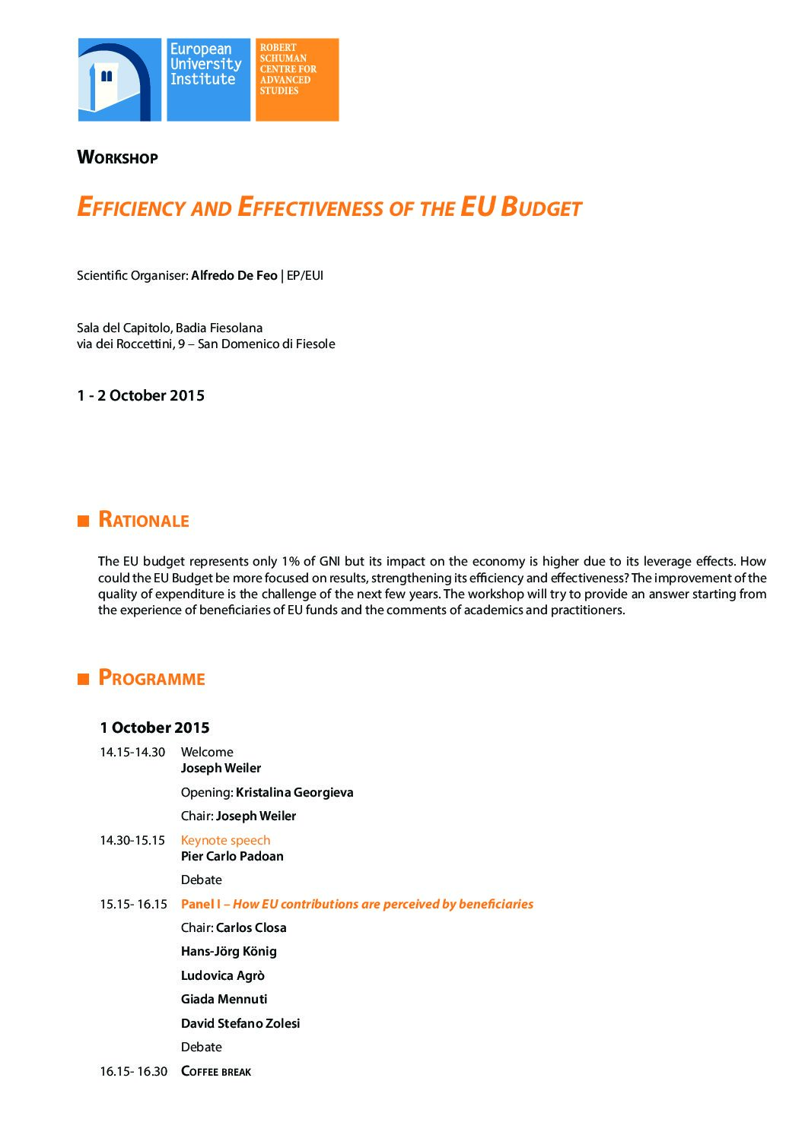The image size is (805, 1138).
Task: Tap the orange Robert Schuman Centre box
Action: tap(297, 79)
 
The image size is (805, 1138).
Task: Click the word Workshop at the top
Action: tap(117, 157)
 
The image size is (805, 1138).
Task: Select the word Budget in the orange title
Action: tap(541, 208)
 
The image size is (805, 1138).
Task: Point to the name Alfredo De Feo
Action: tap(234, 275)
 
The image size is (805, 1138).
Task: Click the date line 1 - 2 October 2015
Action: tap(141, 395)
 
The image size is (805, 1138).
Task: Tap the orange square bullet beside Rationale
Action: tap(84, 521)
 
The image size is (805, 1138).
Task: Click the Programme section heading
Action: tap(151, 678)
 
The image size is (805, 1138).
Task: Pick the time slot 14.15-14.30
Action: tap(132, 752)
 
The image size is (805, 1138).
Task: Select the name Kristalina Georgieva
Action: tap(294, 792)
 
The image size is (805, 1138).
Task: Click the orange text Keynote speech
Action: tap(225, 840)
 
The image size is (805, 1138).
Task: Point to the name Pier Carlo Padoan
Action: tap(232, 856)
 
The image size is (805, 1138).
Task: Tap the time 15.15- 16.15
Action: tap(133, 904)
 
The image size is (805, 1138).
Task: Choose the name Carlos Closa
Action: tap(251, 927)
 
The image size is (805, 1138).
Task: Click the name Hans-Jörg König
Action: tap(228, 951)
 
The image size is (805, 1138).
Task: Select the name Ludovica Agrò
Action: tap(222, 975)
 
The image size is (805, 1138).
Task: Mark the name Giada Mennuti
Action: tap(224, 999)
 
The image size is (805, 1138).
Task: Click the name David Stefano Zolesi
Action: tap(240, 1023)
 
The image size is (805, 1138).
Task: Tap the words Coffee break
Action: tap(216, 1071)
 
